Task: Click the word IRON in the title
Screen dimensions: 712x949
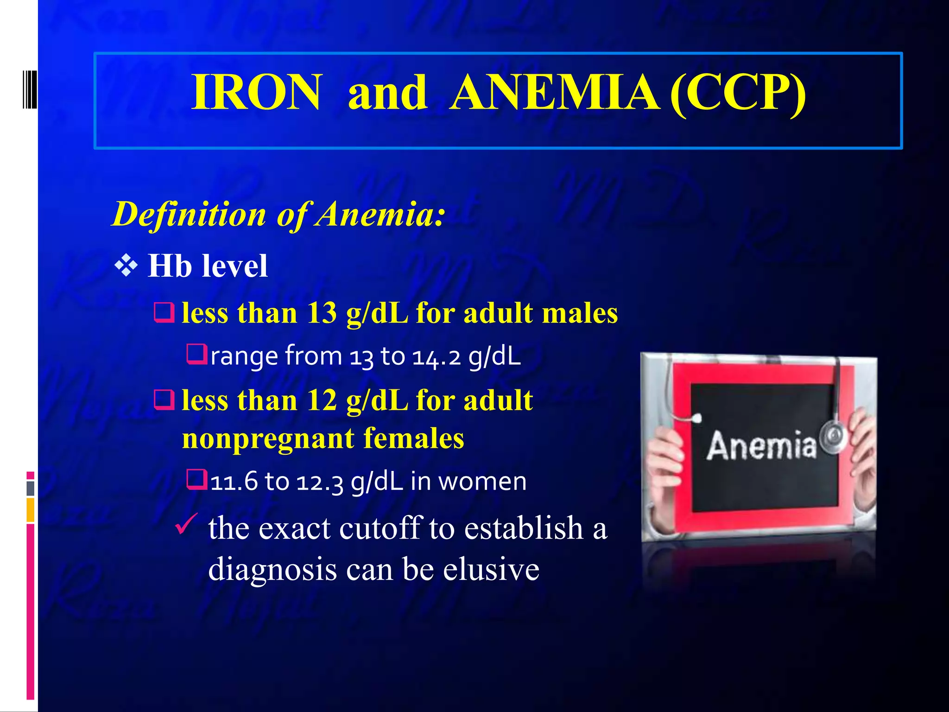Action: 256,93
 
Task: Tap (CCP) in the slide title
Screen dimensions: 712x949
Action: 738,93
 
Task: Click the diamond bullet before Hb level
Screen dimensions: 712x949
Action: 126,266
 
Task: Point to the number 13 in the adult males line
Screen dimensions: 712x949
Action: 322,313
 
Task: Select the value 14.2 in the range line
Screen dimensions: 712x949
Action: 436,356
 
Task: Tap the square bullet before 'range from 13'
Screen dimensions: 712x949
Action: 196,354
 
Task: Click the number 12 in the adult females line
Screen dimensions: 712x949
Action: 322,400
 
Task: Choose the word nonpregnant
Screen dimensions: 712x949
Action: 268,438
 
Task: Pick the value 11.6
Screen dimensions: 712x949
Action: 234,481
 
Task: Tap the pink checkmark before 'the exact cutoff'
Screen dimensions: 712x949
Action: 187,524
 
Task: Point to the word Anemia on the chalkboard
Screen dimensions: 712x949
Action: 761,446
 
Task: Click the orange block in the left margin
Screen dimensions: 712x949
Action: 31,510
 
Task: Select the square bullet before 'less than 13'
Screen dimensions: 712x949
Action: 164,313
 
